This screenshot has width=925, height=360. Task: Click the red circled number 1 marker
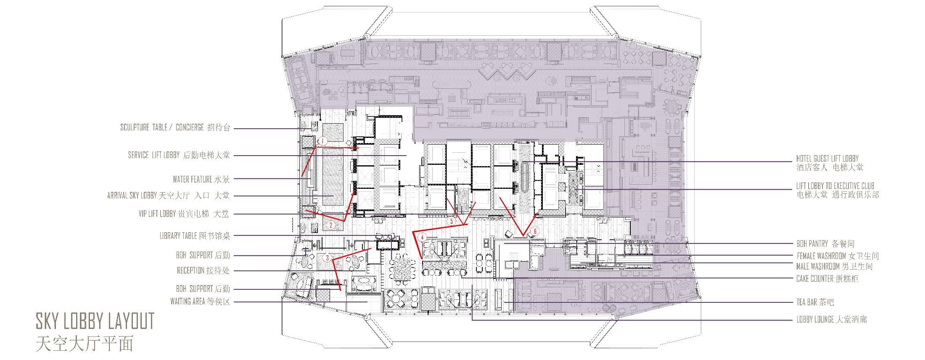pos(323,141)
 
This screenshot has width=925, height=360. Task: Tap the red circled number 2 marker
pos(331,225)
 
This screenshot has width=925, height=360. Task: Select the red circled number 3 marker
pos(327,258)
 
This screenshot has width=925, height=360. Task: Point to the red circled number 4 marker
pos(423,237)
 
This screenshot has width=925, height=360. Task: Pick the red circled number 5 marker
pos(452,221)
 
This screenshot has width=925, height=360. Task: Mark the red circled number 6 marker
pos(535,231)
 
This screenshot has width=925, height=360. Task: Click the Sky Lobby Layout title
pos(95,321)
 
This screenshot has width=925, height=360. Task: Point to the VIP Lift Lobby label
pos(184,214)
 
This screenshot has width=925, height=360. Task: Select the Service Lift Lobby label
pos(179,155)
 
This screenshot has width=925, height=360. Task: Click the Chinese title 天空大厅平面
pos(85,344)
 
